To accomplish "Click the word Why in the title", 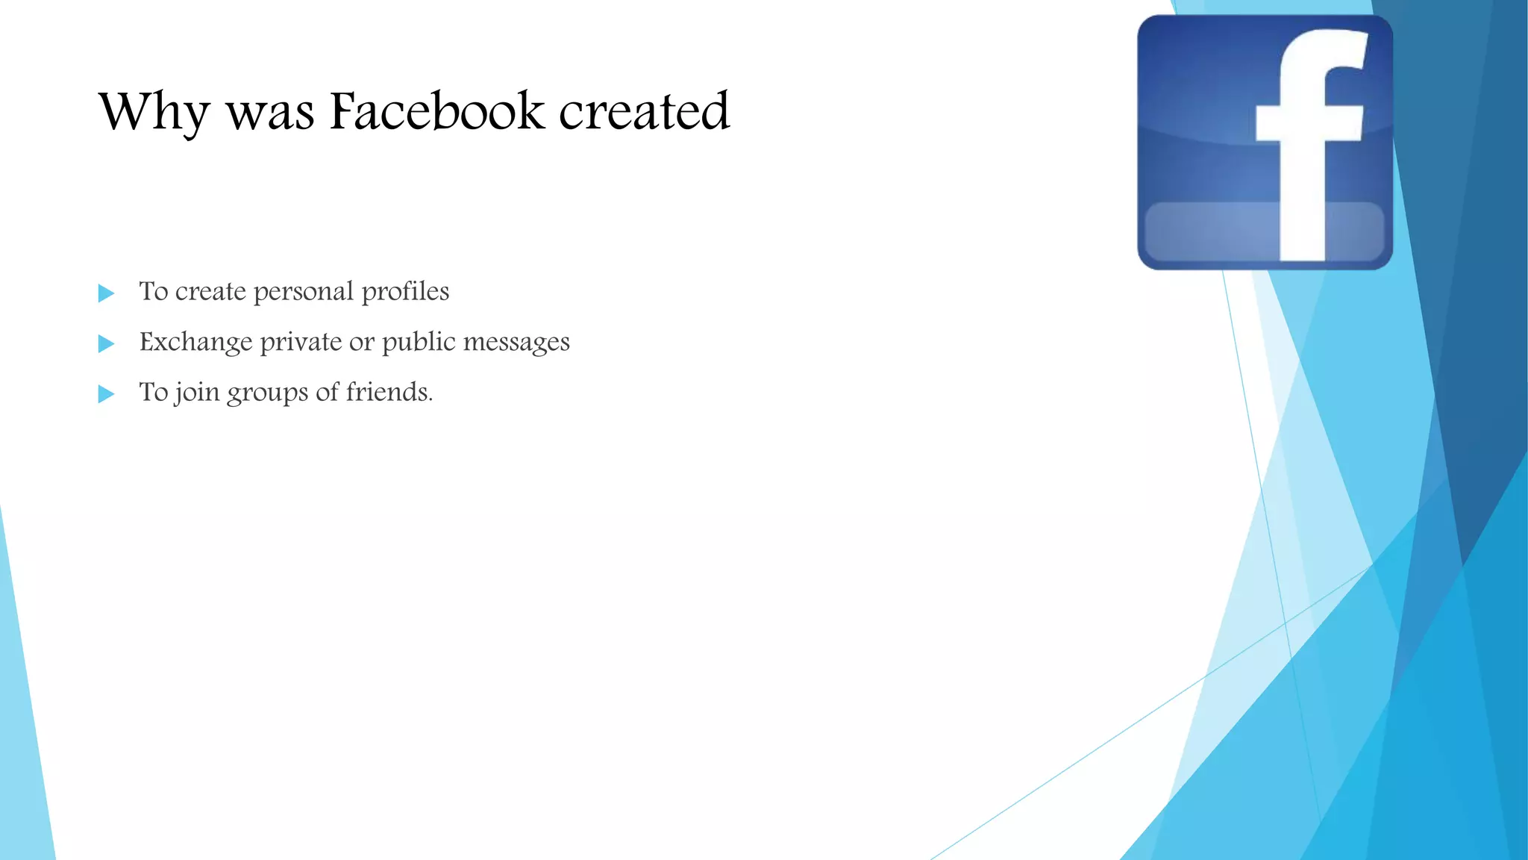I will (154, 112).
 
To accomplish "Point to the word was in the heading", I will (269, 113).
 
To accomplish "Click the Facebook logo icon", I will (1265, 142).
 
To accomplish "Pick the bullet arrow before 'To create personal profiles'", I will (107, 293).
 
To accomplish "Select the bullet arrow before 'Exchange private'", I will (107, 343).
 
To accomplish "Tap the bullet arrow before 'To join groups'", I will (107, 393).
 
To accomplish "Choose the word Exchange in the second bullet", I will (196, 343).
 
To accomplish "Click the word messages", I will (516, 343).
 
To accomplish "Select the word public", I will (419, 343).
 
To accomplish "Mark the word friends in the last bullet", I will (389, 392).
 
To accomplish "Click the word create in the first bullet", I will (210, 292).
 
